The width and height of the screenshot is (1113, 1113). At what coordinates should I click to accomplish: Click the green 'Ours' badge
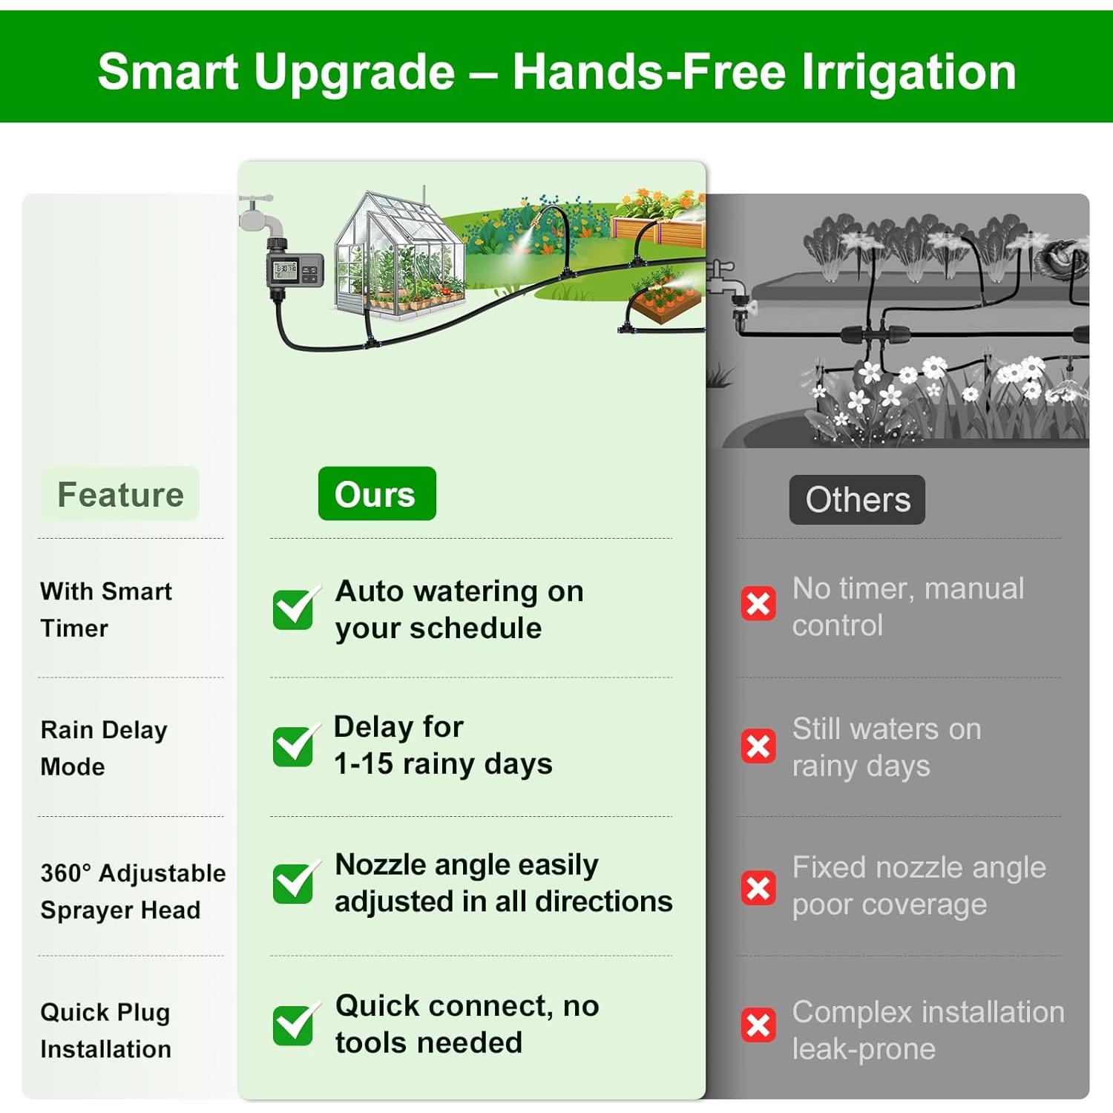pyautogui.click(x=377, y=493)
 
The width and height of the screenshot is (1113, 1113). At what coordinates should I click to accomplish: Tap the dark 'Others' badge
pyautogui.click(x=857, y=499)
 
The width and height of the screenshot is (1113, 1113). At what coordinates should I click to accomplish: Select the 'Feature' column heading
pyautogui.click(x=120, y=494)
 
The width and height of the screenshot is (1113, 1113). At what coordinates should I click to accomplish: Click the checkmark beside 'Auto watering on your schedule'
pyautogui.click(x=295, y=608)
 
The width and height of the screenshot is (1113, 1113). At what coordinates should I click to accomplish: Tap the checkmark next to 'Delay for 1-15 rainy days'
pyautogui.click(x=295, y=745)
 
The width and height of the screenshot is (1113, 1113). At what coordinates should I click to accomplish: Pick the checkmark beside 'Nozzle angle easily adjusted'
pyautogui.click(x=295, y=882)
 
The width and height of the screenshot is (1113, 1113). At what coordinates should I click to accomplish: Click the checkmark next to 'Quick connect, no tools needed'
pyautogui.click(x=295, y=1024)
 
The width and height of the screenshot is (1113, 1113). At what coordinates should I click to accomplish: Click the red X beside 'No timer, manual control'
pyautogui.click(x=758, y=604)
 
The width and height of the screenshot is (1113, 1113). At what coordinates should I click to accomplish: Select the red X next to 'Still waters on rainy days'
pyautogui.click(x=758, y=746)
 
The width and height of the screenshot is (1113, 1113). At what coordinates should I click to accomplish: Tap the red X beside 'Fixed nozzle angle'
pyautogui.click(x=758, y=887)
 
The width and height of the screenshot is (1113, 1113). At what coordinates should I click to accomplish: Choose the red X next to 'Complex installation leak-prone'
pyautogui.click(x=758, y=1025)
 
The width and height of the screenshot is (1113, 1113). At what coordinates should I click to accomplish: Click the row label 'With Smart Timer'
pyautogui.click(x=106, y=609)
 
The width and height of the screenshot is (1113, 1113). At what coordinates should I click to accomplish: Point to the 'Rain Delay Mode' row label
pyautogui.click(x=104, y=748)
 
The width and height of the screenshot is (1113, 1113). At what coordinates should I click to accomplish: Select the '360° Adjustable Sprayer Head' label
pyautogui.click(x=133, y=891)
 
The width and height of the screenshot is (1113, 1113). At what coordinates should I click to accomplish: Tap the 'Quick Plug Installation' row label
pyautogui.click(x=105, y=1030)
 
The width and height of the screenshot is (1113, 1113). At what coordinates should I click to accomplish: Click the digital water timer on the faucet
pyautogui.click(x=294, y=272)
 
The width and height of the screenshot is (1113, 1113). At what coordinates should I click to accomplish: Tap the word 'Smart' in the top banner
pyautogui.click(x=168, y=72)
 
